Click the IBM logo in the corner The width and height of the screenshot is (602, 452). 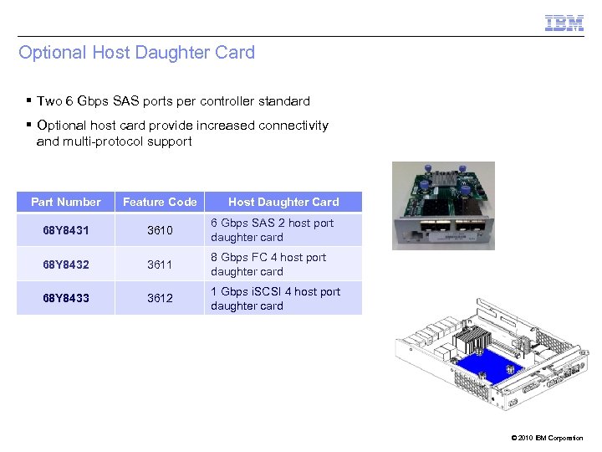[564, 23]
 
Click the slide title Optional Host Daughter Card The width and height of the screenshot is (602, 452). [136, 53]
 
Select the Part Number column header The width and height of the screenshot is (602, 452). [65, 202]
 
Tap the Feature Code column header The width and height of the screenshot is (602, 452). [160, 202]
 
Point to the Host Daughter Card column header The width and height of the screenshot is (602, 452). [283, 202]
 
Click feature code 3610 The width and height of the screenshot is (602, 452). [160, 230]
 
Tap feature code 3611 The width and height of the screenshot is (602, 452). [160, 265]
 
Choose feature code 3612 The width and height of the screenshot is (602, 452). [160, 298]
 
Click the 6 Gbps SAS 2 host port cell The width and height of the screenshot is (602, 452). [272, 230]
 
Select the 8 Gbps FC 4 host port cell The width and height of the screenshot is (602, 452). [268, 265]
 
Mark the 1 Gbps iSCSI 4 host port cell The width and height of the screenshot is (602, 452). [275, 299]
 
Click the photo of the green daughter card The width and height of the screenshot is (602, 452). [443, 205]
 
